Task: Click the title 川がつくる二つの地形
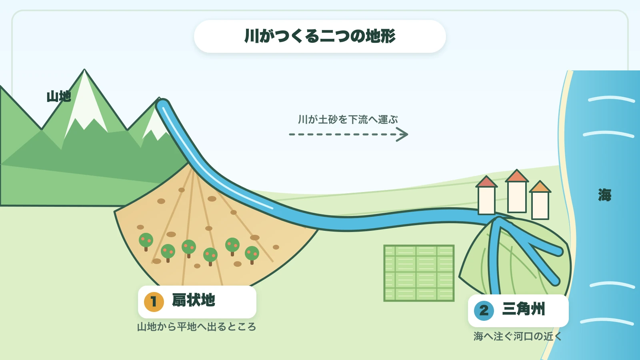click(320, 36)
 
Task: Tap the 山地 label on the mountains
click(59, 96)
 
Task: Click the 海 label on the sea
click(604, 195)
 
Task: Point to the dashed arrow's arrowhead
click(402, 134)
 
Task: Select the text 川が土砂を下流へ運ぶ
click(348, 120)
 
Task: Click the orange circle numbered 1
click(154, 302)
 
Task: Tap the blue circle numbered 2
click(484, 310)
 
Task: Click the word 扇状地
click(194, 300)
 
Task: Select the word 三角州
click(524, 309)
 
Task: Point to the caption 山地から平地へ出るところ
click(196, 327)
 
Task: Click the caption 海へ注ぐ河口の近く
click(518, 336)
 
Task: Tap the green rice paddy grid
click(419, 273)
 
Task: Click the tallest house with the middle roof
click(517, 191)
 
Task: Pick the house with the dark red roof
click(486, 196)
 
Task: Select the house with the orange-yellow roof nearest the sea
click(540, 200)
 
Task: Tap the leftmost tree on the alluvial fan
click(146, 242)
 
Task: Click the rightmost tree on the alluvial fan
click(252, 255)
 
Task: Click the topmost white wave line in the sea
click(612, 99)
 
